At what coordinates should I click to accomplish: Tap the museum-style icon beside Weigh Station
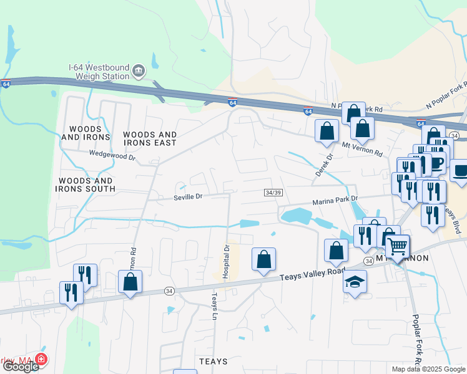point(139,72)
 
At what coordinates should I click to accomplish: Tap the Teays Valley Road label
point(312,272)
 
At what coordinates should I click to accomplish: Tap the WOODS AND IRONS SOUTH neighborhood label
point(87,184)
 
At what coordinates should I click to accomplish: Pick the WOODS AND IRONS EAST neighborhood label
point(150,138)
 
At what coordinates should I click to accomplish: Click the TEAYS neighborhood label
point(213,362)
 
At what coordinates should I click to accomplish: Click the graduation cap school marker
point(355,281)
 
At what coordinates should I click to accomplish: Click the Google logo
point(20,367)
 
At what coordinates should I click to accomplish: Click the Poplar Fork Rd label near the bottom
point(416,340)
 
